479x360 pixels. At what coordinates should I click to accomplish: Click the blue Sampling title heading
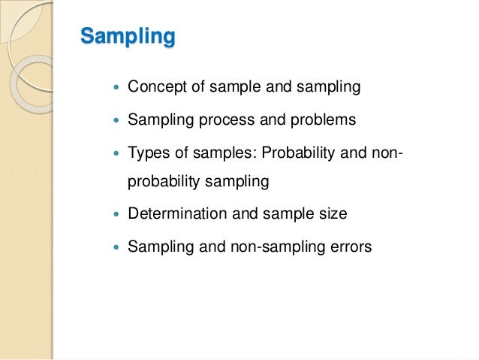[x=128, y=36]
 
